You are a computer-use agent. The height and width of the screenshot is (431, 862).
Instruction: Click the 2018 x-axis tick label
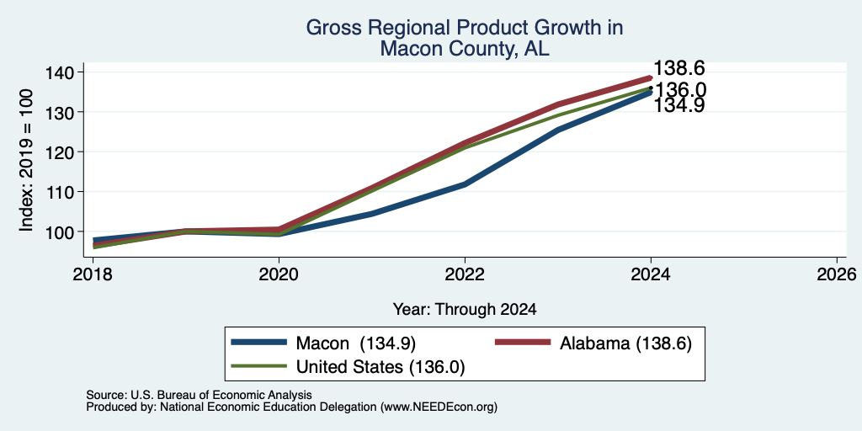(93, 274)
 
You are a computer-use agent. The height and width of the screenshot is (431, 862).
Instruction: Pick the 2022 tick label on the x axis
(465, 274)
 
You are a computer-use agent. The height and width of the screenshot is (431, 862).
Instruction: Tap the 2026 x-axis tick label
(837, 274)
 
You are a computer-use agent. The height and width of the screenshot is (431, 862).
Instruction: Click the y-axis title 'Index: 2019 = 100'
(26, 161)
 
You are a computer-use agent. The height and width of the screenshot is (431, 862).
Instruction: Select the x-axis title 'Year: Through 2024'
(465, 309)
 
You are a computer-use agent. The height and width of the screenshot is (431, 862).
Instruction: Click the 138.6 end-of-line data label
(679, 69)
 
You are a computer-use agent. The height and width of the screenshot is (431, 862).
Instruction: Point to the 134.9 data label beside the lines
(679, 105)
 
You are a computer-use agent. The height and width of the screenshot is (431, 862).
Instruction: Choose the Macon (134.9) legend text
(356, 343)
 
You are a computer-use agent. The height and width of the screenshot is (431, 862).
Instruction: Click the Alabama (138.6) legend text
(625, 343)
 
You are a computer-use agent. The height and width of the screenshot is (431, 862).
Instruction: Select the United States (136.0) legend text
(380, 367)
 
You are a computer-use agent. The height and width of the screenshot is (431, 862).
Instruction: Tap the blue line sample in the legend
(259, 343)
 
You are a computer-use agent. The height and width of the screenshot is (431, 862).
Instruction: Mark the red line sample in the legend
(523, 343)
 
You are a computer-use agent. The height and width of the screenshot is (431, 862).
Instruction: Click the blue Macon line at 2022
(465, 184)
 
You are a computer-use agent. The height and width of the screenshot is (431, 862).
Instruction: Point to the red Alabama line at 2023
(558, 104)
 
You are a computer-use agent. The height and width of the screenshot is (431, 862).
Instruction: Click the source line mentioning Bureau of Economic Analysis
(199, 395)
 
